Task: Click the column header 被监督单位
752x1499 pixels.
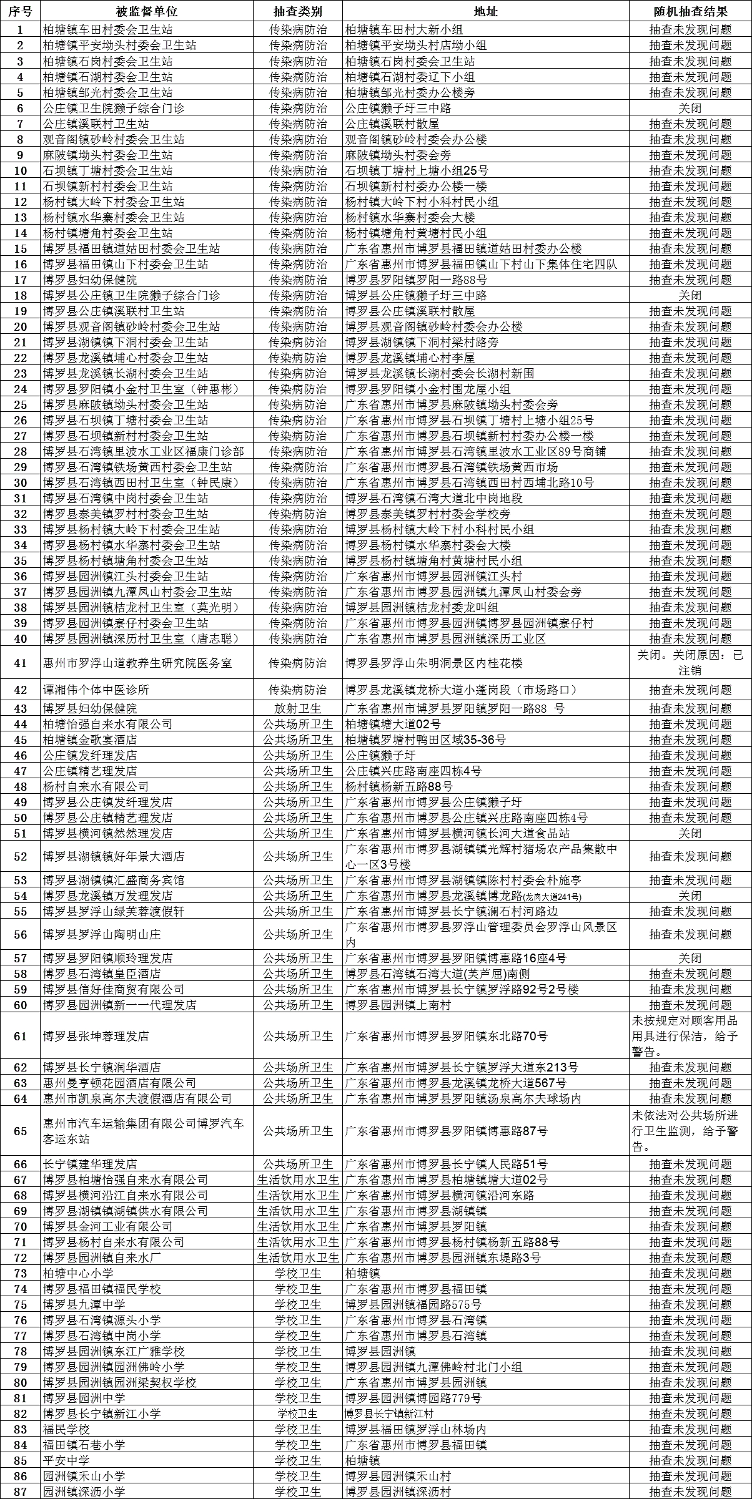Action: [147, 11]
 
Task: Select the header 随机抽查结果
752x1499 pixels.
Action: [690, 11]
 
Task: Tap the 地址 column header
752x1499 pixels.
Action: [485, 11]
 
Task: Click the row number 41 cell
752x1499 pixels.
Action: [21, 663]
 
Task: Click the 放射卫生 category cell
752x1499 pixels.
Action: [298, 708]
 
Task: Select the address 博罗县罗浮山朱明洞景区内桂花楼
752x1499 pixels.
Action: [434, 663]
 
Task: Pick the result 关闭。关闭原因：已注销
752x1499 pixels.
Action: [690, 663]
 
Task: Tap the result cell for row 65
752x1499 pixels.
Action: [690, 1131]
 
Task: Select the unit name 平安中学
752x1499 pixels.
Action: [66, 1460]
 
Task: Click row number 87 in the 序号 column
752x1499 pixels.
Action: [21, 1492]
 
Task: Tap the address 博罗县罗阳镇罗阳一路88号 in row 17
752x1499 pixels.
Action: [416, 280]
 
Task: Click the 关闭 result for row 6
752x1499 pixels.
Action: [690, 108]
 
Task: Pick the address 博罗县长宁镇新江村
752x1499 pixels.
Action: [389, 1414]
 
